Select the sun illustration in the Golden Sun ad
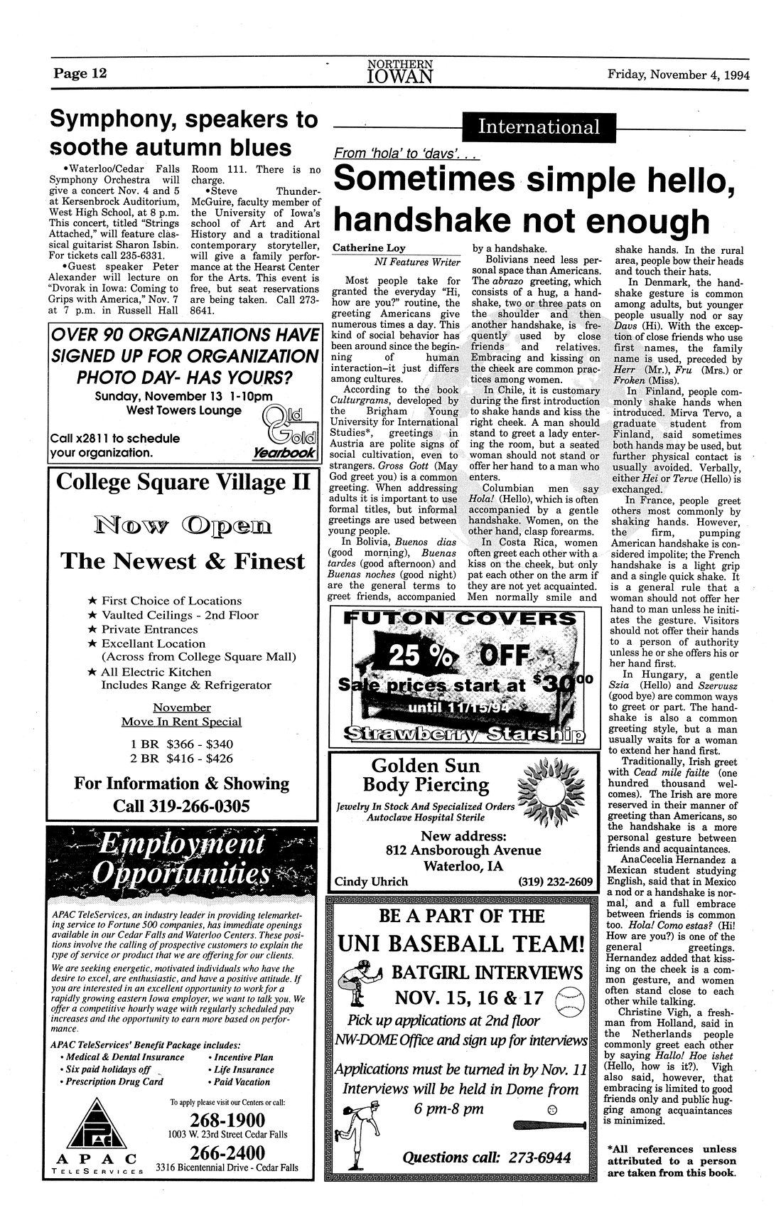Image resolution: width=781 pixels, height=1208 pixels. click(x=553, y=789)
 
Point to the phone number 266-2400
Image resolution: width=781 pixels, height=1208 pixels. click(x=229, y=1153)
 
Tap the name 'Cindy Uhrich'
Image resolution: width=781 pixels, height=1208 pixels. click(x=371, y=882)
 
